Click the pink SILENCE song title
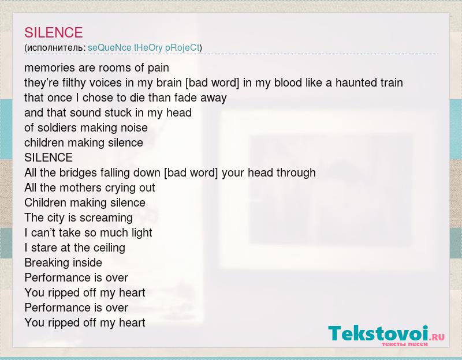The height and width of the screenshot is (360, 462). click(x=53, y=32)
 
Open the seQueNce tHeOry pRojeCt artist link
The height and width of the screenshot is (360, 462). click(x=144, y=47)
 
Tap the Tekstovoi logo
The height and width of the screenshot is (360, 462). click(x=386, y=336)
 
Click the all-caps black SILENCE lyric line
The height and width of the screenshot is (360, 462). click(x=49, y=157)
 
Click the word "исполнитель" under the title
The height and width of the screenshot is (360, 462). click(x=54, y=47)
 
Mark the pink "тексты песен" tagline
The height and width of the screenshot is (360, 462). click(x=405, y=344)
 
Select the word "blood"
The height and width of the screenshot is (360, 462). click(x=288, y=82)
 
